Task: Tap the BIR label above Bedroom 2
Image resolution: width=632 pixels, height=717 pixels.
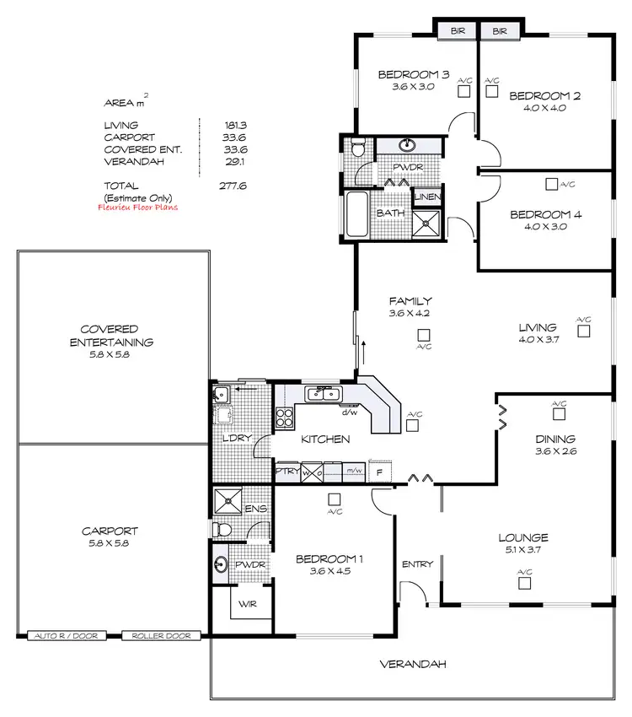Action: pos(500,31)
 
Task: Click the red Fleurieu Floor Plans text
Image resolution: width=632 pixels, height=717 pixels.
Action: pos(141,206)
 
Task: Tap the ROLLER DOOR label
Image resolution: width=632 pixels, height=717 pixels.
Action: pos(161,636)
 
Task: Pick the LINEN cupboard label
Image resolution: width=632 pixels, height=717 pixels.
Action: pos(426,197)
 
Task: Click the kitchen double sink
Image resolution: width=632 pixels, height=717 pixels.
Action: pos(323,393)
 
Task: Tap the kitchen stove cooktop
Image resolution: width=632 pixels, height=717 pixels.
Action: pos(285,417)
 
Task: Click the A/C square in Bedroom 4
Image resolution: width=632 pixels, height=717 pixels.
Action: pos(550,183)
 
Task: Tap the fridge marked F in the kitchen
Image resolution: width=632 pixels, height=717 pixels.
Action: pos(380,472)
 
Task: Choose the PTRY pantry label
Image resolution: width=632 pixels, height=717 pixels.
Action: pos(287,472)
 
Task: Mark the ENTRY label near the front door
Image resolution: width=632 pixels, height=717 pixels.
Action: pos(416,564)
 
